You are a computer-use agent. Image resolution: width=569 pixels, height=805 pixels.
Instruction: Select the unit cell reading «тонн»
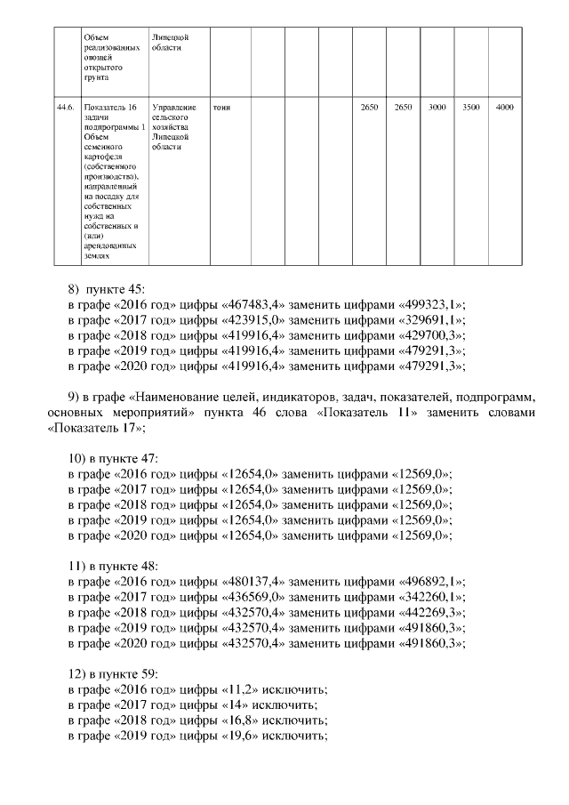pos(222,108)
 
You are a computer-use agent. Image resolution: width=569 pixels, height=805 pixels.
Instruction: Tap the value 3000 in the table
pos(437,108)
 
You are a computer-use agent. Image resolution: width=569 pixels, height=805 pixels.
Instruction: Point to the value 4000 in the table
pos(505,108)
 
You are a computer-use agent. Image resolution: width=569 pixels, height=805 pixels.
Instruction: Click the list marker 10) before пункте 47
pos(78,458)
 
